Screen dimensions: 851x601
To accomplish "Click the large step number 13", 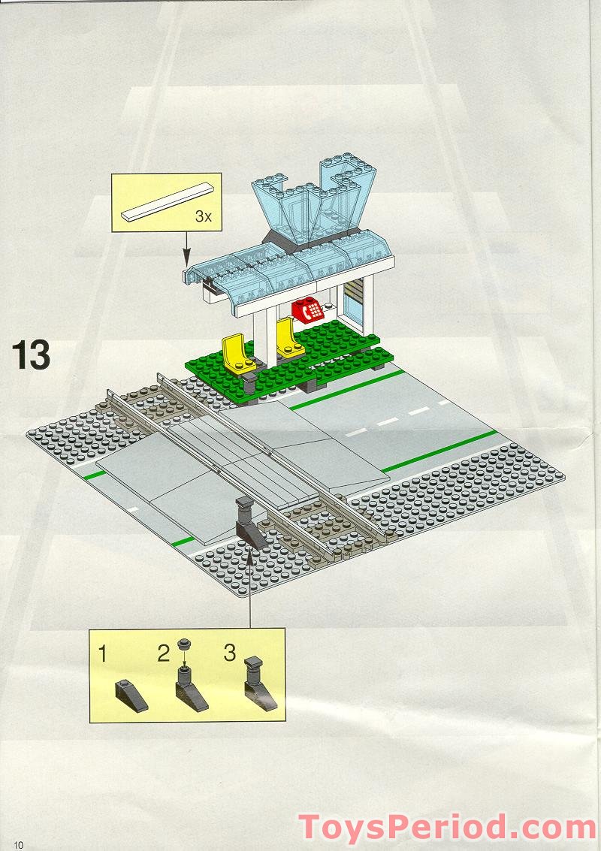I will coord(31,355).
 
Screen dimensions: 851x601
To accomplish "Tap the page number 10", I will coord(17,844).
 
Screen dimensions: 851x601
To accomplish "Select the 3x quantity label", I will coord(203,216).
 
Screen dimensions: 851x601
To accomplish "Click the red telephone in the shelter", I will coord(307,309).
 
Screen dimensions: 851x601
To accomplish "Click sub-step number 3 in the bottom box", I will coord(230,652).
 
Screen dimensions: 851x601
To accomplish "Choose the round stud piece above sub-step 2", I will coord(183,645).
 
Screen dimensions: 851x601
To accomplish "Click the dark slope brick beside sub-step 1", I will coord(130,695).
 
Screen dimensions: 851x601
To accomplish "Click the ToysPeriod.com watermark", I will coord(448,827).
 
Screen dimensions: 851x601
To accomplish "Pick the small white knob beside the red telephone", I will coord(329,306).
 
